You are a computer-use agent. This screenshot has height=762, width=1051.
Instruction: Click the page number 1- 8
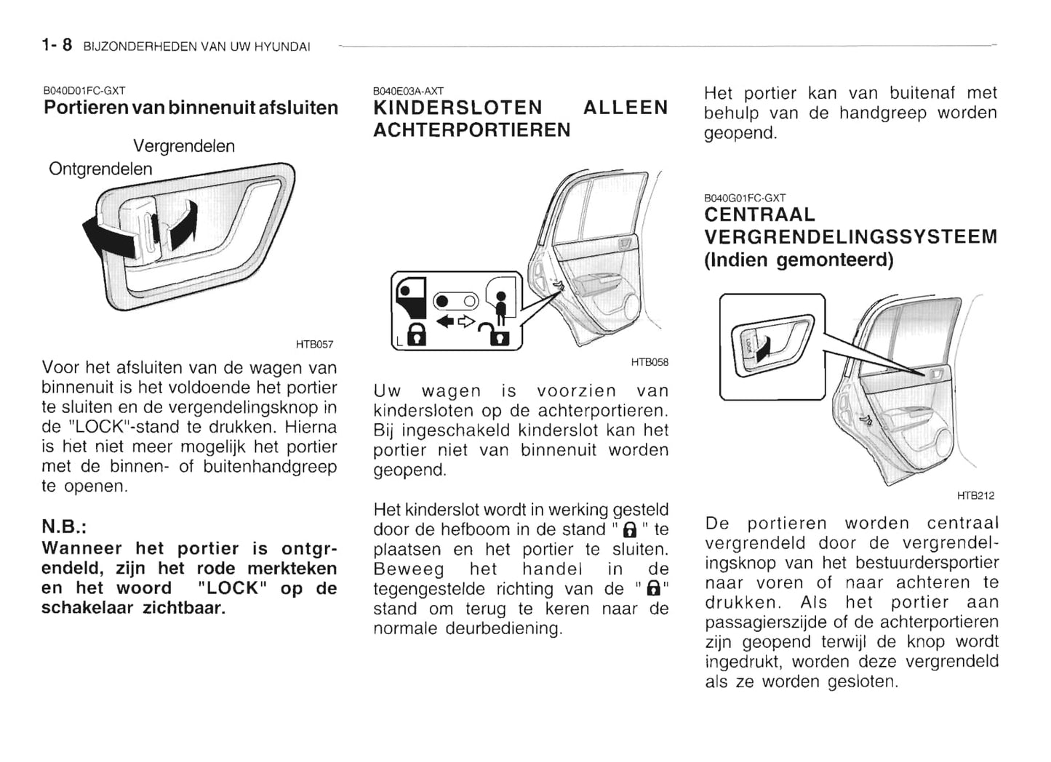click(57, 45)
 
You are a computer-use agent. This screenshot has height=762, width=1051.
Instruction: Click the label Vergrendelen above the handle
click(184, 146)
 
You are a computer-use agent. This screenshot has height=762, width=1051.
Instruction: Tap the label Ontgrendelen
click(100, 169)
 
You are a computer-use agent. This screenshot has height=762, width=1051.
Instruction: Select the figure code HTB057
click(313, 344)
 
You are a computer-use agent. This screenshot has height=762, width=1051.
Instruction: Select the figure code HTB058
click(649, 362)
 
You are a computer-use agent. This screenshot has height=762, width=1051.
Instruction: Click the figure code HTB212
click(975, 496)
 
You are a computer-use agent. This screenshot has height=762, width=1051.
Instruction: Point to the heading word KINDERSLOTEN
click(457, 108)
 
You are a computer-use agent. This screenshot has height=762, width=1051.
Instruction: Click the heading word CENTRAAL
click(759, 214)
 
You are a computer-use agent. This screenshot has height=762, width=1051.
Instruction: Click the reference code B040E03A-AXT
click(407, 92)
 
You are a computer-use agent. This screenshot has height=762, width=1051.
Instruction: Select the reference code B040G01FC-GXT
click(744, 198)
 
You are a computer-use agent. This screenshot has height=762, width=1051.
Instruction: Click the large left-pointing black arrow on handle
click(105, 238)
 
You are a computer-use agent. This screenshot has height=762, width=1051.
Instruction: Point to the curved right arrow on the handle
click(183, 222)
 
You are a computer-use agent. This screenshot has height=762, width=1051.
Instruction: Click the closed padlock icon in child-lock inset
click(415, 335)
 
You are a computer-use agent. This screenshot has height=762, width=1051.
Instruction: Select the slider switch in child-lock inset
click(455, 301)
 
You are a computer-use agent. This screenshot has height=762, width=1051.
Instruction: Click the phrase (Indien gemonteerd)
click(798, 260)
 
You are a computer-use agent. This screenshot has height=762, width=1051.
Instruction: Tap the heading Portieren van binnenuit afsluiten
click(191, 108)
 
